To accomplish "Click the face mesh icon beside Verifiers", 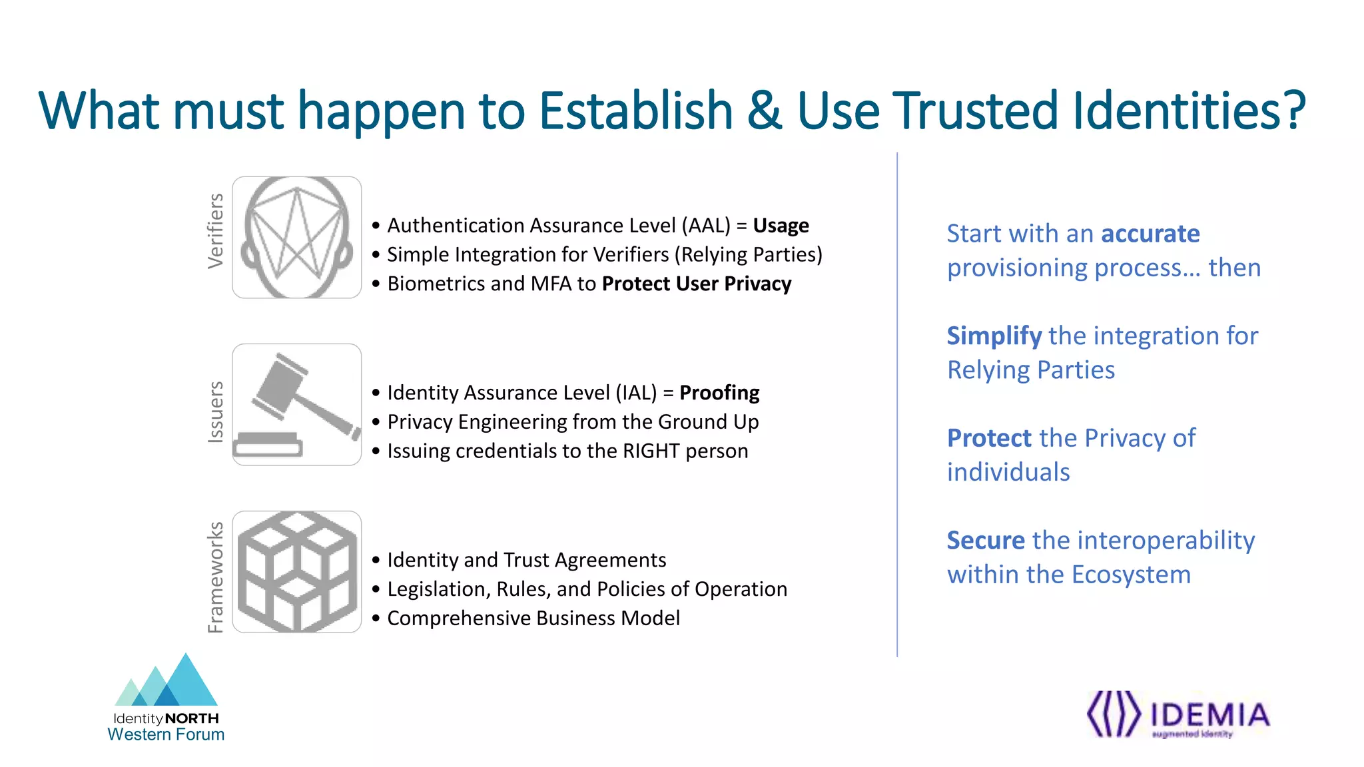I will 296,237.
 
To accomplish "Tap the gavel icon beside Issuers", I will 296,404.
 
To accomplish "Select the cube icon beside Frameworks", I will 296,571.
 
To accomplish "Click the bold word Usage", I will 781,226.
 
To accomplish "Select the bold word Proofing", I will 719,393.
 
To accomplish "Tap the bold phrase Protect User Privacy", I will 696,284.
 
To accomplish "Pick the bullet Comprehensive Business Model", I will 533,618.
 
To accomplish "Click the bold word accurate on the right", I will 1150,234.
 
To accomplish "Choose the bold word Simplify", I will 994,336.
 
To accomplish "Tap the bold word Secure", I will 986,540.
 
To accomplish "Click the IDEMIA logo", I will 1178,715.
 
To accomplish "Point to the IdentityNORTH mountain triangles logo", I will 167,681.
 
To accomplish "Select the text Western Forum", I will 166,734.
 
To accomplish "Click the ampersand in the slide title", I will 764,111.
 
